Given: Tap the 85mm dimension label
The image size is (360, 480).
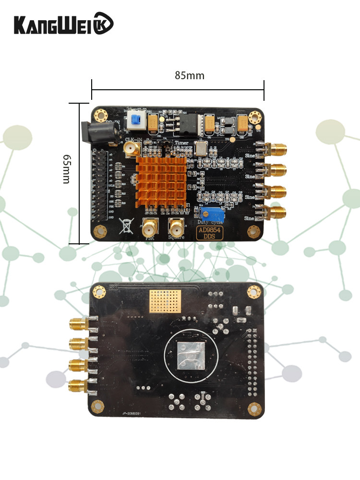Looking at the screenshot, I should [x=190, y=76].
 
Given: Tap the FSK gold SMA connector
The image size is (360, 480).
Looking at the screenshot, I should [x=151, y=226].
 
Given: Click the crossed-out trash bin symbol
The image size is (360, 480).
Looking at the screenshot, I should [x=127, y=225].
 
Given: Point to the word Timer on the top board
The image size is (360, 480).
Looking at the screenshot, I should [x=181, y=143].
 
